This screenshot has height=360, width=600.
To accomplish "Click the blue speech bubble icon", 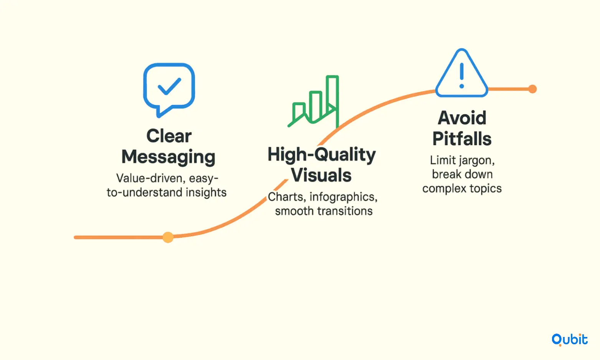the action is pyautogui.click(x=145, y=88).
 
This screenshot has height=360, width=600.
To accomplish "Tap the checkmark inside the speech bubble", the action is pyautogui.click(x=169, y=86).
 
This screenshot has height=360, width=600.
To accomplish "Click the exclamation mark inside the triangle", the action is pyautogui.click(x=461, y=76).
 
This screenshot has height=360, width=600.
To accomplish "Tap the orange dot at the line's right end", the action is pyautogui.click(x=532, y=89).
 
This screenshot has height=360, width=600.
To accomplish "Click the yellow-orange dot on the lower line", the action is pyautogui.click(x=168, y=237).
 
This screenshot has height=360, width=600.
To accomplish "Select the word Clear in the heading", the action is pyautogui.click(x=169, y=136).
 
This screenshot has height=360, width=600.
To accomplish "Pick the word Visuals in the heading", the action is pyautogui.click(x=321, y=175).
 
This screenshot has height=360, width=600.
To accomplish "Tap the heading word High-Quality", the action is pyautogui.click(x=322, y=155).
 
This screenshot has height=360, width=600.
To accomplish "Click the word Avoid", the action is pyautogui.click(x=462, y=118).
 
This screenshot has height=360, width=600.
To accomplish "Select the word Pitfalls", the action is pyautogui.click(x=462, y=139).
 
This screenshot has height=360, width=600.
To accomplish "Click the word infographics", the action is pyautogui.click(x=344, y=197).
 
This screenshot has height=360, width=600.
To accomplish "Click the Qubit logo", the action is pyautogui.click(x=569, y=340).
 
